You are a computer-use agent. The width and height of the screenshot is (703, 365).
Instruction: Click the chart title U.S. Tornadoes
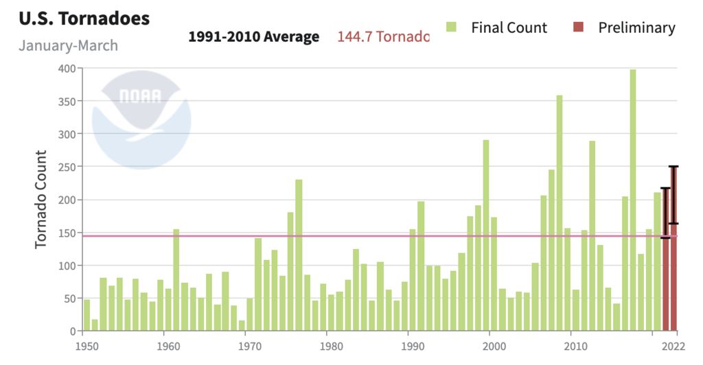[84, 19]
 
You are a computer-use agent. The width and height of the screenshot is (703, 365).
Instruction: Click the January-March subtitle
[68, 46]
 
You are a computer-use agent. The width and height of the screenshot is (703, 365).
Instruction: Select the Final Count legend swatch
[451, 27]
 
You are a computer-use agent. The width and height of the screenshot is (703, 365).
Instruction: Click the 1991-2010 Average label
[253, 37]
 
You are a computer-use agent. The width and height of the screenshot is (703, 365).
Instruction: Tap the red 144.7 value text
[382, 37]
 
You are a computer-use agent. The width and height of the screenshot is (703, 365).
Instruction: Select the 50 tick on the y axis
[67, 298]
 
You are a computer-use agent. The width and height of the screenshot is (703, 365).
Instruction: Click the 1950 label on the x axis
[85, 346]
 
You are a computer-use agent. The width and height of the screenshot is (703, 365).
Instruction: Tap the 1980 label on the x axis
[332, 346]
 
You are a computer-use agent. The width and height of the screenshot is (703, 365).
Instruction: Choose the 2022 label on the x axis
[676, 346]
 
